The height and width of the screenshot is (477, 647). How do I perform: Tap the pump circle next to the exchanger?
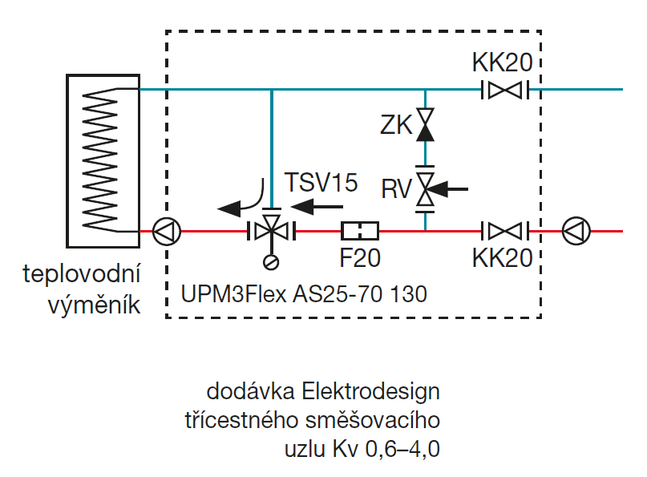click(x=167, y=232)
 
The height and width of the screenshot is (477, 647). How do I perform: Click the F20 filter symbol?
click(x=360, y=232)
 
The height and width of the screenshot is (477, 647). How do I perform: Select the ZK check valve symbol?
click(x=425, y=124)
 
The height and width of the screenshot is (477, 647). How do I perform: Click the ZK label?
click(x=396, y=125)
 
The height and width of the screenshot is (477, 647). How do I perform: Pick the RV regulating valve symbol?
click(x=425, y=189)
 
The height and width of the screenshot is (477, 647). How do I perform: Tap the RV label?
click(x=396, y=190)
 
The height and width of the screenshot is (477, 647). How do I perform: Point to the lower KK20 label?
click(x=503, y=258)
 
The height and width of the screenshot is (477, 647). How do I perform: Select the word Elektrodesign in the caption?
click(x=372, y=393)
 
